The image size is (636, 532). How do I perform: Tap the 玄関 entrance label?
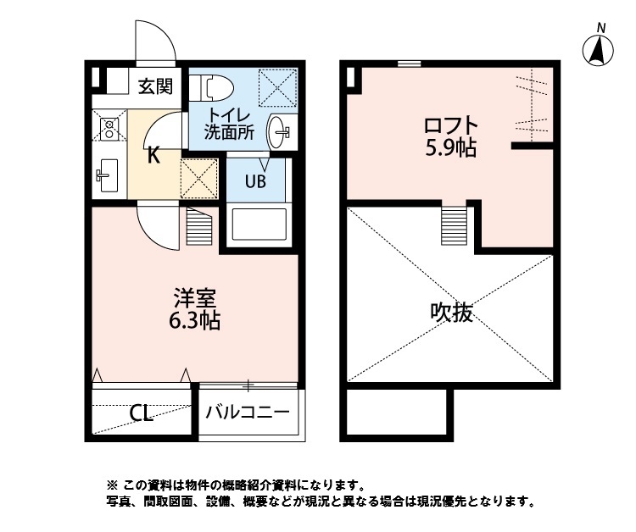click(x=156, y=86)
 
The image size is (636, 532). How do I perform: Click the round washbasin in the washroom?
click(x=280, y=131)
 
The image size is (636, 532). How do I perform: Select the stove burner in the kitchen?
click(x=109, y=129)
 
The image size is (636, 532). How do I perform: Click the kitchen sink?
click(x=108, y=175)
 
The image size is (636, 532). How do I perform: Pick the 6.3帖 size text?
click(x=197, y=321)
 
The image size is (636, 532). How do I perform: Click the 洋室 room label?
click(x=197, y=299)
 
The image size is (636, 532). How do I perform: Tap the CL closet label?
click(x=141, y=414)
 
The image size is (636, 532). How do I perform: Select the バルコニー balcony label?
click(x=249, y=413)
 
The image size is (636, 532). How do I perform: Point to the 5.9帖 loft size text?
click(x=449, y=149)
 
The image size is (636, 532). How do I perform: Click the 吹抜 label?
click(x=450, y=313)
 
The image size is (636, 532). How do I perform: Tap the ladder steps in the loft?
click(x=454, y=224)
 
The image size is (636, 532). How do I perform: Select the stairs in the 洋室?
click(x=197, y=227)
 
